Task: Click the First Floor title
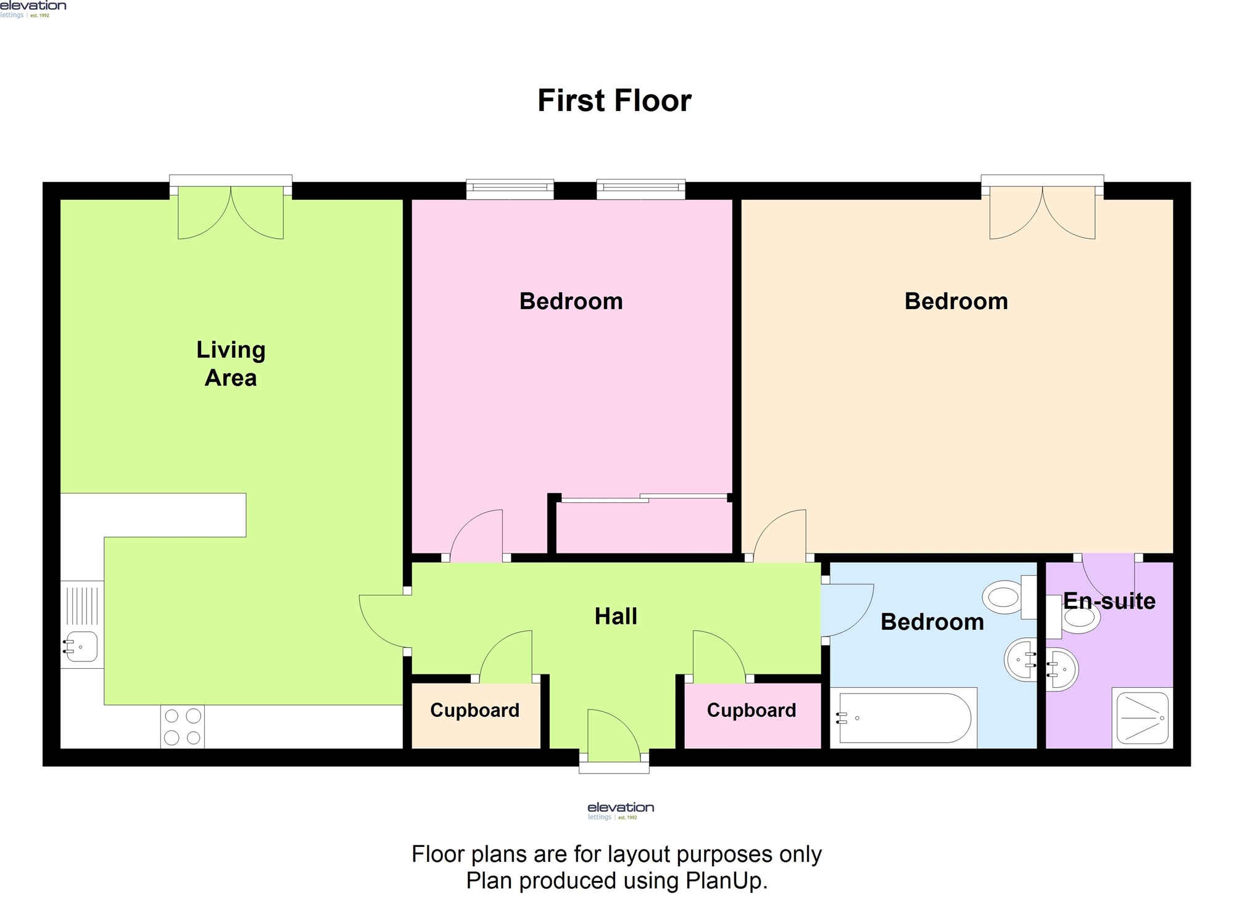[x=615, y=101]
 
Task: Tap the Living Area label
[x=231, y=364]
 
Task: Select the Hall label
[x=616, y=616]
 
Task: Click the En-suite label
[x=1109, y=601]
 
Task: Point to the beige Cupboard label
[x=474, y=711]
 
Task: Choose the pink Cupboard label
[x=752, y=711]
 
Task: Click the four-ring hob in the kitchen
[x=183, y=727]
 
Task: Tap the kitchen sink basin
[x=81, y=647]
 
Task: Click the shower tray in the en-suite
[x=1142, y=718]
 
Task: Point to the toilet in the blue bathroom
[x=1010, y=597]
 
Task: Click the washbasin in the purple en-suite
[x=1062, y=669]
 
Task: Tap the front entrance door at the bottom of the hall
[x=614, y=736]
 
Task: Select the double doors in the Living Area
[x=231, y=212]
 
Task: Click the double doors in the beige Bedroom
[x=1042, y=212]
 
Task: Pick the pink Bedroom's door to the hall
[x=476, y=535]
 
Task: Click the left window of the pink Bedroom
[x=510, y=189]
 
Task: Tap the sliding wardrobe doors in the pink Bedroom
[x=644, y=498]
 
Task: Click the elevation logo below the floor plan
[x=621, y=811]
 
